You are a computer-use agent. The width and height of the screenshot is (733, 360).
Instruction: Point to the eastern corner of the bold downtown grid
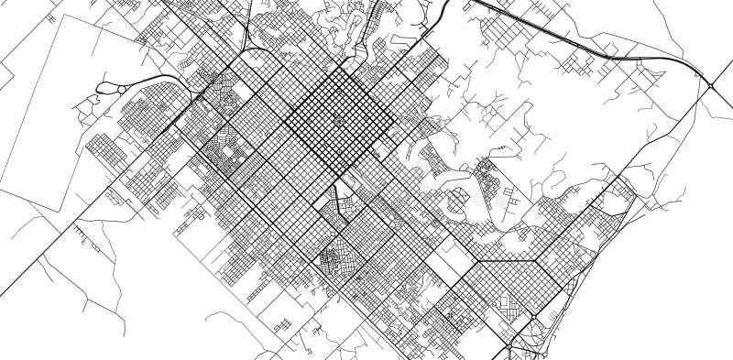tap(397, 116)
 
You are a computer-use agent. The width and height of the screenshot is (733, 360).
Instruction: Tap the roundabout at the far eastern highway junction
tap(711, 86)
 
